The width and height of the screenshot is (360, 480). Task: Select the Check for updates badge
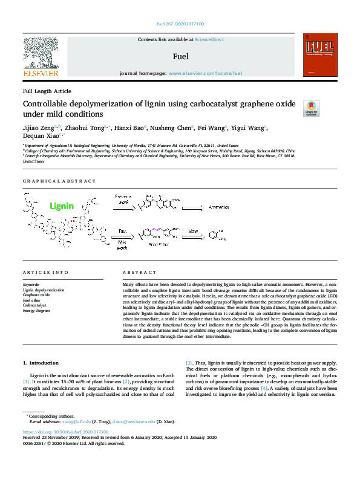click(x=311, y=108)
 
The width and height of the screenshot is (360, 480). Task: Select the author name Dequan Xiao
click(x=42, y=137)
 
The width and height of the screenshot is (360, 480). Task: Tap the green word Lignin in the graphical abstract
click(x=62, y=206)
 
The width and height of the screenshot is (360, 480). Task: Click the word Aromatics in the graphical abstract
click(x=218, y=207)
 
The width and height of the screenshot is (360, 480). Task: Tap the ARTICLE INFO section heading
click(x=41, y=273)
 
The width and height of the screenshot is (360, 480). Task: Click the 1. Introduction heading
click(x=41, y=363)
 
